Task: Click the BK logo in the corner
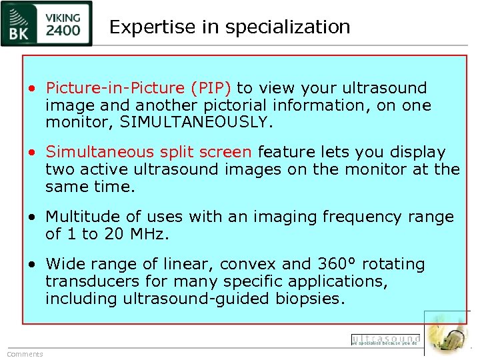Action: [x=22, y=23]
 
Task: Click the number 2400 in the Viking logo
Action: [x=63, y=29]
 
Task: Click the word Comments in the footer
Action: [x=25, y=354]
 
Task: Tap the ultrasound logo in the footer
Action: [x=386, y=340]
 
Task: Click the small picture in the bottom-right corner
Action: [x=448, y=333]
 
